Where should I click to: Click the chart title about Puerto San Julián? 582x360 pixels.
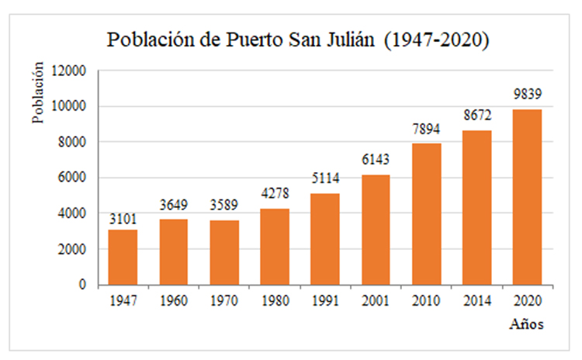[x=298, y=40]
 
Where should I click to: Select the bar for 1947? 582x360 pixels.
[x=123, y=257]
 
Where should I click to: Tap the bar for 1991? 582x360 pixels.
[x=325, y=239]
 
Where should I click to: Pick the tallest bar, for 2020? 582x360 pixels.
[x=527, y=197]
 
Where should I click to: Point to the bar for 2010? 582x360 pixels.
[x=426, y=214]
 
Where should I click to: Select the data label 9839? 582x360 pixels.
[x=527, y=95]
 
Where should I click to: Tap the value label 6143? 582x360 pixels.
[x=376, y=160]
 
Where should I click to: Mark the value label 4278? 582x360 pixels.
[x=274, y=193]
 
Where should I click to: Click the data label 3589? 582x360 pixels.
[x=223, y=206]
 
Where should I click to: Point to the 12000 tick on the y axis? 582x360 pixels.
[x=71, y=71]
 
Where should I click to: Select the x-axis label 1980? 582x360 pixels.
[x=274, y=301]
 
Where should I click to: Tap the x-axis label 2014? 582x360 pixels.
[x=476, y=301]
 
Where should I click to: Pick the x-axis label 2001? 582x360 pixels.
[x=376, y=301]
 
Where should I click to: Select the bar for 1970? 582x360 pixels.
[x=223, y=252]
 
